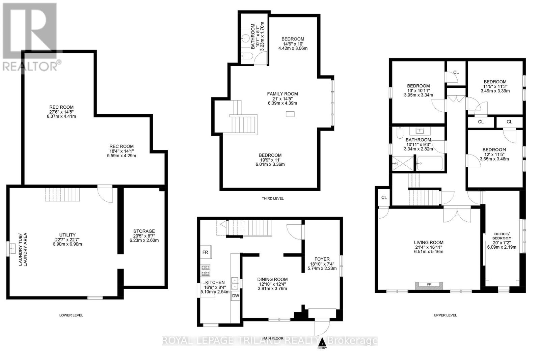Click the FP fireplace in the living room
pos(429,285)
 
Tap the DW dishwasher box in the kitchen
pos(236,296)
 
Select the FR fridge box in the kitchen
pos(205,252)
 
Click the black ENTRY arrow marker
pos(322,341)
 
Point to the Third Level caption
pos(273,198)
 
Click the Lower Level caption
pos(71,315)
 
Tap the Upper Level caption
pos(445,315)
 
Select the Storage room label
pos(144,231)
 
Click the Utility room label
pos(67,235)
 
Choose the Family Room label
pos(282,94)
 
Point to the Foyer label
pos(322,259)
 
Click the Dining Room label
pos(272,279)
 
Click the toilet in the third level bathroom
pos(245,57)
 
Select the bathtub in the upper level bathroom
pos(429,164)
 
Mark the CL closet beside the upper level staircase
pos(384,198)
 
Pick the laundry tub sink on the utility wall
pos(12,249)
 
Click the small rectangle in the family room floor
pos(290,114)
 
